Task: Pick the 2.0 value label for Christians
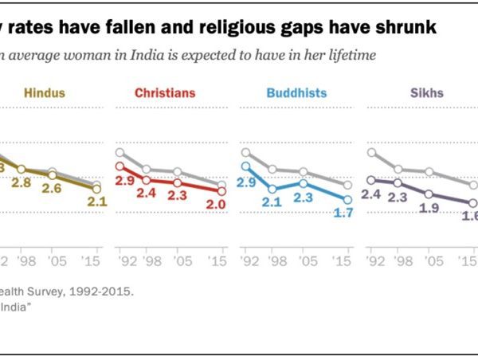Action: (x=215, y=204)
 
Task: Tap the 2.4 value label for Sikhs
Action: (x=372, y=194)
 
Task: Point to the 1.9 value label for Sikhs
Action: (x=429, y=207)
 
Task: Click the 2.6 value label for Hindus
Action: (x=53, y=188)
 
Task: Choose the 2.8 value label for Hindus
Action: (x=22, y=183)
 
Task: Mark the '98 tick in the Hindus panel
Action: (x=22, y=261)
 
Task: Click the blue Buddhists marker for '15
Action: (x=347, y=199)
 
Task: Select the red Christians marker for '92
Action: (x=119, y=167)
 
